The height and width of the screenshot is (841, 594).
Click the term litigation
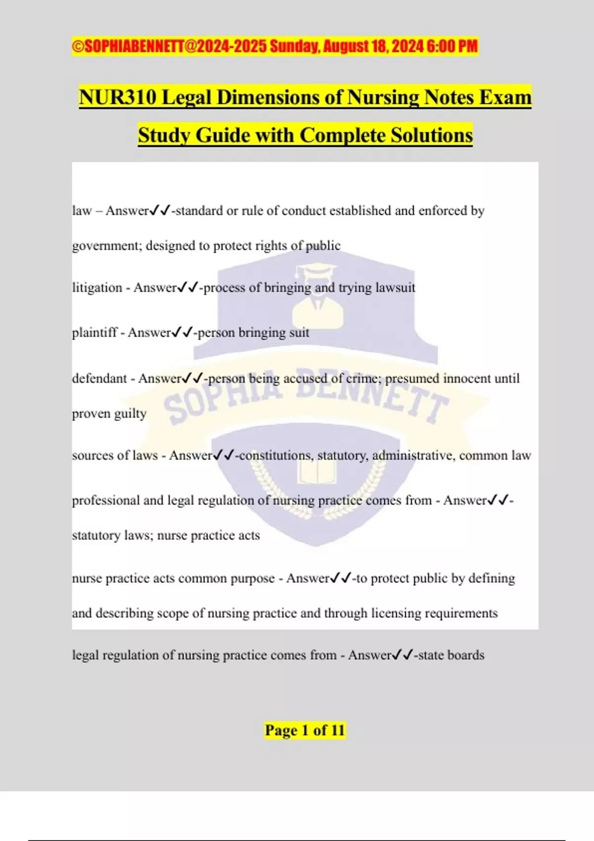tap(97, 287)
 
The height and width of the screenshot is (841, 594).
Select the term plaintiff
tap(95, 332)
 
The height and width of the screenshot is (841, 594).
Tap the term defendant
tap(99, 378)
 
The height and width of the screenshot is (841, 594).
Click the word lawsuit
tap(395, 287)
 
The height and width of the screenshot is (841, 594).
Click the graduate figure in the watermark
tap(317, 297)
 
